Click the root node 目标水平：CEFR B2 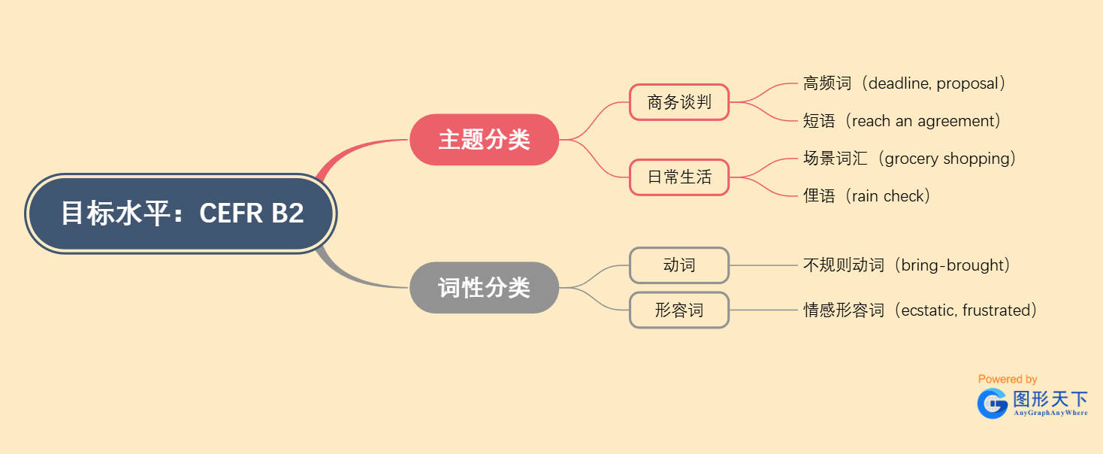(x=181, y=213)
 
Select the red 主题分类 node (x=484, y=140)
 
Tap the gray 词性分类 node (x=484, y=288)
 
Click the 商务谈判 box (x=679, y=102)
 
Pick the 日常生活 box (x=679, y=177)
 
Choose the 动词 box (x=679, y=265)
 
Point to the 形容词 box (x=679, y=310)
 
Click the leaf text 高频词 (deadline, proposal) (x=905, y=83)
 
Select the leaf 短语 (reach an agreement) (x=902, y=121)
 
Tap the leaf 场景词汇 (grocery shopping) (x=910, y=159)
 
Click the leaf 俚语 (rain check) (x=867, y=196)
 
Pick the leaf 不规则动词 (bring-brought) (x=907, y=265)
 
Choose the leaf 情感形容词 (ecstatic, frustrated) (x=920, y=310)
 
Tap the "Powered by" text (x=1008, y=379)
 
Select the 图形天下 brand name (x=1050, y=399)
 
